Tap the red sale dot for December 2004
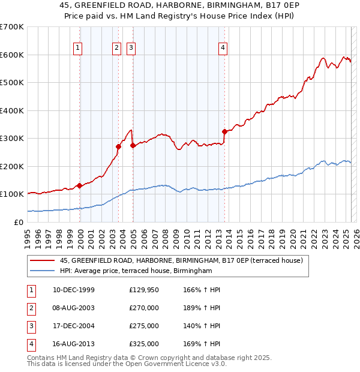tap(133, 145)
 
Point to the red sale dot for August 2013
tap(224, 131)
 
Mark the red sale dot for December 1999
tap(80, 185)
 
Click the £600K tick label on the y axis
tap(12, 55)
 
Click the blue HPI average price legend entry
tap(136, 271)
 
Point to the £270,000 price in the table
tap(144, 308)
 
